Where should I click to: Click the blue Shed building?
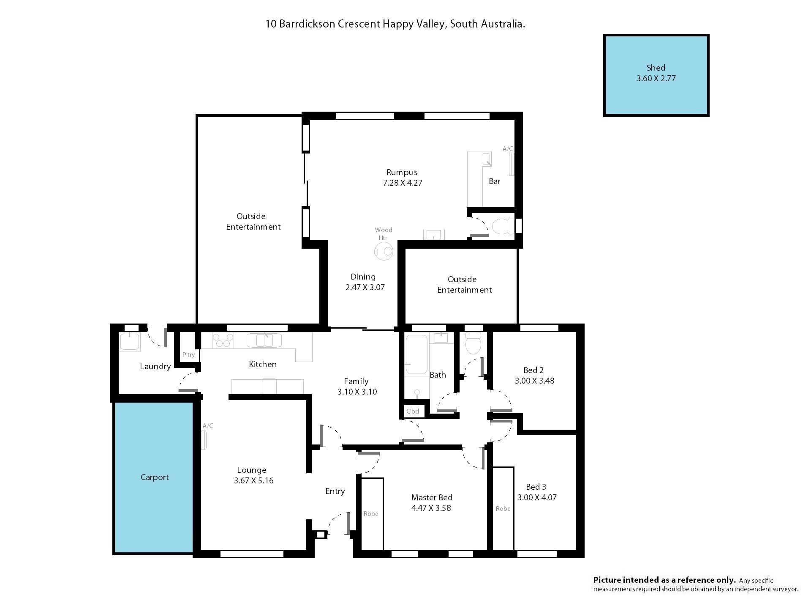[656, 75]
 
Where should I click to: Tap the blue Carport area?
[154, 477]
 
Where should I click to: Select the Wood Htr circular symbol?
[384, 252]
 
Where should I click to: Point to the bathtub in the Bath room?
[416, 355]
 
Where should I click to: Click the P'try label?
[188, 355]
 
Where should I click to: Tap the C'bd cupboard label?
[413, 411]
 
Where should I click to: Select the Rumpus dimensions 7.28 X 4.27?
[403, 183]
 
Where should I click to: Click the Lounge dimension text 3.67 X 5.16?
[253, 481]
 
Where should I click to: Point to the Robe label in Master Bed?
[371, 514]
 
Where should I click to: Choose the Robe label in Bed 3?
[503, 509]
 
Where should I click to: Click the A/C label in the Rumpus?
[508, 149]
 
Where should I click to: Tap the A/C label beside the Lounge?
[208, 426]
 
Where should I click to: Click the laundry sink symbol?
[130, 342]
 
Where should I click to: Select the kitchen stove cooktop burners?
[223, 340]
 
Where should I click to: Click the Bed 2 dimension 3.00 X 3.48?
[534, 381]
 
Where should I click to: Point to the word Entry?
[335, 491]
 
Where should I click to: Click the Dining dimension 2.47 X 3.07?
[365, 288]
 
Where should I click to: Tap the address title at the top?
[395, 24]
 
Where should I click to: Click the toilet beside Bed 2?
[473, 343]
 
